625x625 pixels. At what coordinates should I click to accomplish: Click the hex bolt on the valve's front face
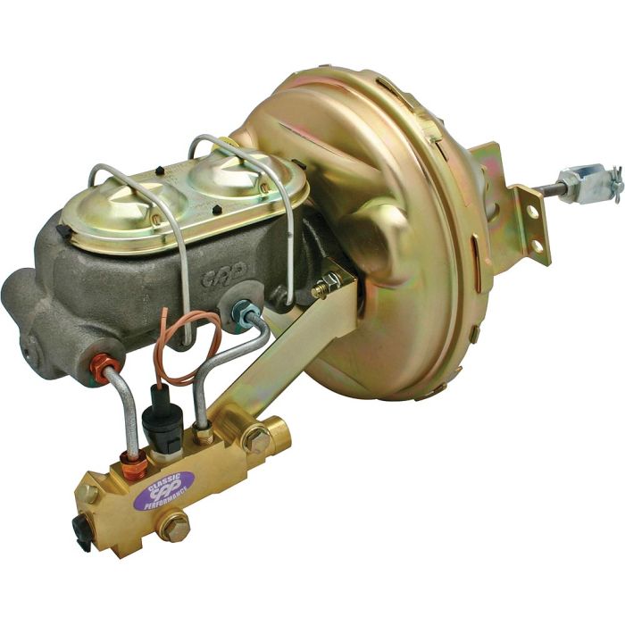point(172,525)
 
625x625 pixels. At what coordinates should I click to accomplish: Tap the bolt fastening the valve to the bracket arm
point(257,439)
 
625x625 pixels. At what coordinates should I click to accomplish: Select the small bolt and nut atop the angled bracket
point(326,287)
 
